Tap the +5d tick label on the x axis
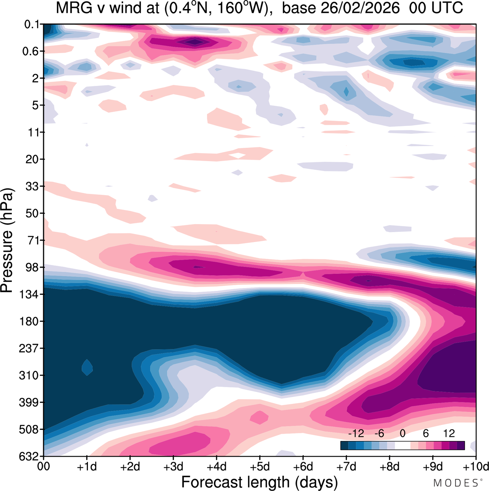(x=259, y=467)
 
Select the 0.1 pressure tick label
(x=32, y=24)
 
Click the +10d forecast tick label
(x=476, y=467)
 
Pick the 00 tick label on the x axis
(x=44, y=467)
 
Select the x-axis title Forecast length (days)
(x=259, y=482)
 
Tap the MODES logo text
(x=456, y=483)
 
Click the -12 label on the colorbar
(x=356, y=433)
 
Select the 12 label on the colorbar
(x=449, y=433)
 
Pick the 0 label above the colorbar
(x=402, y=433)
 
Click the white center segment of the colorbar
(x=403, y=445)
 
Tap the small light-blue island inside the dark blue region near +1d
(x=87, y=367)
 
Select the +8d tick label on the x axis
(x=389, y=467)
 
